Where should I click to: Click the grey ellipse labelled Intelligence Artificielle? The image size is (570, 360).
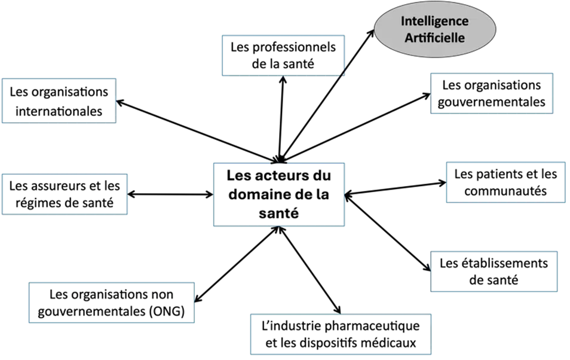pyautogui.click(x=434, y=28)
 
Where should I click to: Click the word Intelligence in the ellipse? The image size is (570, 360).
pyautogui.click(x=434, y=21)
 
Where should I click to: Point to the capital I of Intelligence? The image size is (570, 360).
pyautogui.click(x=403, y=21)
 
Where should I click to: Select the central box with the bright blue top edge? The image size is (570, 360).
pyautogui.click(x=278, y=195)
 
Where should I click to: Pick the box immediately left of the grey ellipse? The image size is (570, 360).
pyautogui.click(x=283, y=55)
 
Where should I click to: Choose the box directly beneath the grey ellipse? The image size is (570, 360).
pyautogui.click(x=491, y=93)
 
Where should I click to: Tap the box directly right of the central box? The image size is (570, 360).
pyautogui.click(x=505, y=182)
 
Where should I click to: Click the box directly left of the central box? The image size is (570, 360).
pyautogui.click(x=66, y=193)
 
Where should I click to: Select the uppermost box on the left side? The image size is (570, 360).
pyautogui.click(x=59, y=100)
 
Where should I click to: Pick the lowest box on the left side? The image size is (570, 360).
pyautogui.click(x=111, y=301)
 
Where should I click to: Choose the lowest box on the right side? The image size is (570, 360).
pyautogui.click(x=494, y=271)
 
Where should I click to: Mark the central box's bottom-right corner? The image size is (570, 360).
pyautogui.click(x=345, y=226)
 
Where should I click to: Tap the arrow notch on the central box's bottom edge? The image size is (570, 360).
pyautogui.click(x=278, y=228)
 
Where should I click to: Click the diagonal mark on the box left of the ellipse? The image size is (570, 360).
pyautogui.click(x=344, y=72)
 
